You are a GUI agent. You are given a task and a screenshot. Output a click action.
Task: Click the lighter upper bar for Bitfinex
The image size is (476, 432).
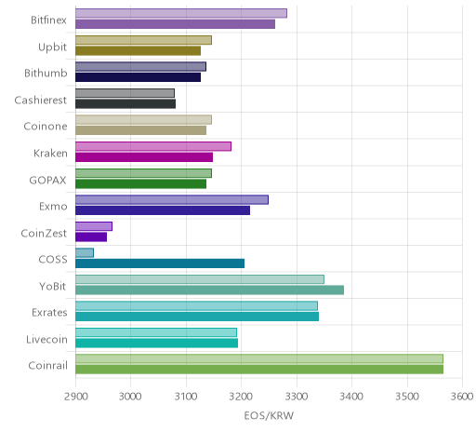point(181,13)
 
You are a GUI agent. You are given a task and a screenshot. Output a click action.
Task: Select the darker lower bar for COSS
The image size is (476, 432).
point(160,263)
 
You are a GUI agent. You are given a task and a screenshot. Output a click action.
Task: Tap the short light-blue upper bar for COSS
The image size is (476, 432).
point(85,253)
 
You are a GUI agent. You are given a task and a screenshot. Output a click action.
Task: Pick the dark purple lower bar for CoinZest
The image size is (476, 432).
point(91,237)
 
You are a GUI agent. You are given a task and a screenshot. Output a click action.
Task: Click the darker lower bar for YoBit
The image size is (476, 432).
point(209,290)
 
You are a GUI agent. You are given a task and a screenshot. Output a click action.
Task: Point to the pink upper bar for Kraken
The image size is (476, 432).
point(153,146)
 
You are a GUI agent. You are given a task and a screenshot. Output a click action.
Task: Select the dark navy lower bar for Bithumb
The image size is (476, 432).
point(138,77)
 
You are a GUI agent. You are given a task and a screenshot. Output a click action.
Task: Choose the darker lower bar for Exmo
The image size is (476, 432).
point(163,210)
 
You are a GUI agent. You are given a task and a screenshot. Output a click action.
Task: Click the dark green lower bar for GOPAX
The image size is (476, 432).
point(140,184)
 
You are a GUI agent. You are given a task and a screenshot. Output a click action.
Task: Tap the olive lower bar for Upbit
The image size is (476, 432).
point(138,51)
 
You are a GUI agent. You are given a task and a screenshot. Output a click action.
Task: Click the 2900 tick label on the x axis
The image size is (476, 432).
point(76,397)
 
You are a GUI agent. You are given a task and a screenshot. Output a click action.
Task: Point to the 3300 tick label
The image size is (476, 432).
point(297,397)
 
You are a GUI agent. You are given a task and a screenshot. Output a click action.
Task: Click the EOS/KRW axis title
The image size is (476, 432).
point(269,415)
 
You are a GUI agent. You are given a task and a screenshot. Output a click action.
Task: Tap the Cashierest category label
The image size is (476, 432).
point(40,100)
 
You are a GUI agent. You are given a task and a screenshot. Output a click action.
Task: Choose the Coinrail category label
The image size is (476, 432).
point(47,366)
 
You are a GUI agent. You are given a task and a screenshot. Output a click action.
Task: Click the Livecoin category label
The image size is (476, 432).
point(46,339)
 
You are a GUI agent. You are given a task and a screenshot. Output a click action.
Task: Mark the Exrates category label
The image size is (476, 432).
point(49,313)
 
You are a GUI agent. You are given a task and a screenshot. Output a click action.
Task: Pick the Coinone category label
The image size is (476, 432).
point(46,127)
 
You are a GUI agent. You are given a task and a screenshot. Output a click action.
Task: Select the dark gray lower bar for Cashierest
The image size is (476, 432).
point(126,104)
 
